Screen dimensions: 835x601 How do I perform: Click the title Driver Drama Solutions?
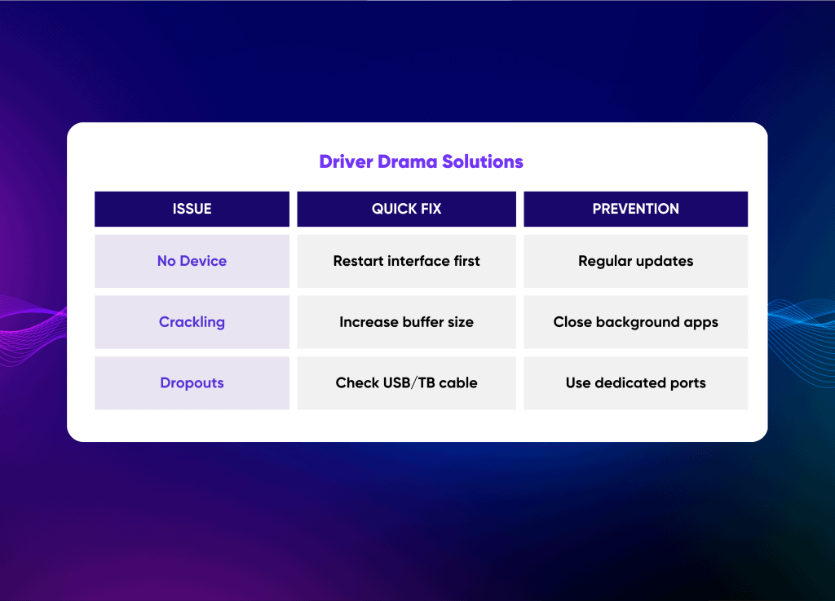(x=422, y=161)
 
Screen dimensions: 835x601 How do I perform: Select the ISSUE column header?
(x=192, y=209)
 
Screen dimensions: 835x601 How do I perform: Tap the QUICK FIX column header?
(x=406, y=209)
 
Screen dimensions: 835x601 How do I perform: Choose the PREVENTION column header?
(x=636, y=209)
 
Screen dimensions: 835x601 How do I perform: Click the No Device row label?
(x=192, y=261)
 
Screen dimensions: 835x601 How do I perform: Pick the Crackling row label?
(x=192, y=322)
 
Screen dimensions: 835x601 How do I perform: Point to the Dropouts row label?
(x=192, y=382)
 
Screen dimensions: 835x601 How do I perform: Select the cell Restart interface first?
(x=406, y=261)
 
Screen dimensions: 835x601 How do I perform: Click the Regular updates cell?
(x=636, y=261)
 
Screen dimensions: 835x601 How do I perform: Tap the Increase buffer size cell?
(x=406, y=322)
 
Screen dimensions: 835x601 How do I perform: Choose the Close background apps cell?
(x=636, y=322)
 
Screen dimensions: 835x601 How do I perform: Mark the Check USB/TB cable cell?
(x=406, y=382)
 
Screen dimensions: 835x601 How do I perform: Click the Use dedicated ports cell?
(x=636, y=382)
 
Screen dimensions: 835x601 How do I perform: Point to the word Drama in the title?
(x=408, y=161)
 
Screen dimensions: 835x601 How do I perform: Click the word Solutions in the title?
(x=483, y=161)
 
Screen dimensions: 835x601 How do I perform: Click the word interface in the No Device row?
(x=418, y=261)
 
